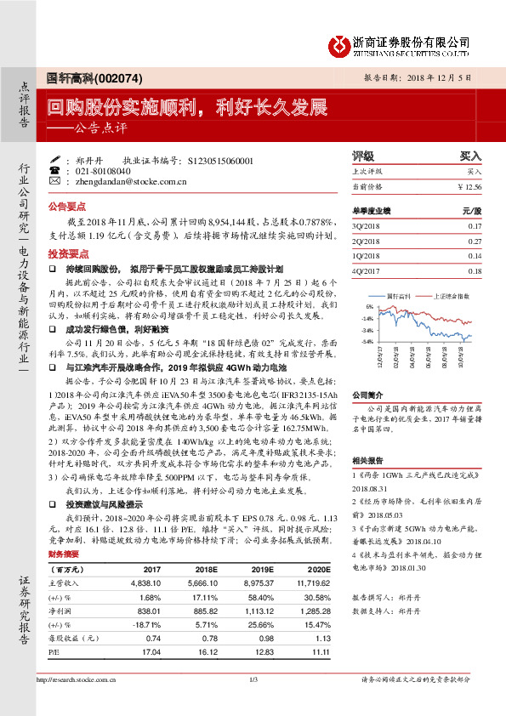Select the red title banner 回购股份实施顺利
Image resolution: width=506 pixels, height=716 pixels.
(x=187, y=108)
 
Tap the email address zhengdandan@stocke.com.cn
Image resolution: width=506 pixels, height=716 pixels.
(x=118, y=181)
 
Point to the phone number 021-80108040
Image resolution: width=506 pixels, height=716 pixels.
(x=104, y=170)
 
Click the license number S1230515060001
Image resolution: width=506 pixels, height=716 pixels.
(x=219, y=159)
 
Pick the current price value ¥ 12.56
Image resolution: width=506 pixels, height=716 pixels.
(x=469, y=185)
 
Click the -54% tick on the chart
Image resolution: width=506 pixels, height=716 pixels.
(x=367, y=342)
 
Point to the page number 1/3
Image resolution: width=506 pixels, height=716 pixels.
(x=253, y=679)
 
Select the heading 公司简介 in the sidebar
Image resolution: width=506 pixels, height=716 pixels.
(x=367, y=395)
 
